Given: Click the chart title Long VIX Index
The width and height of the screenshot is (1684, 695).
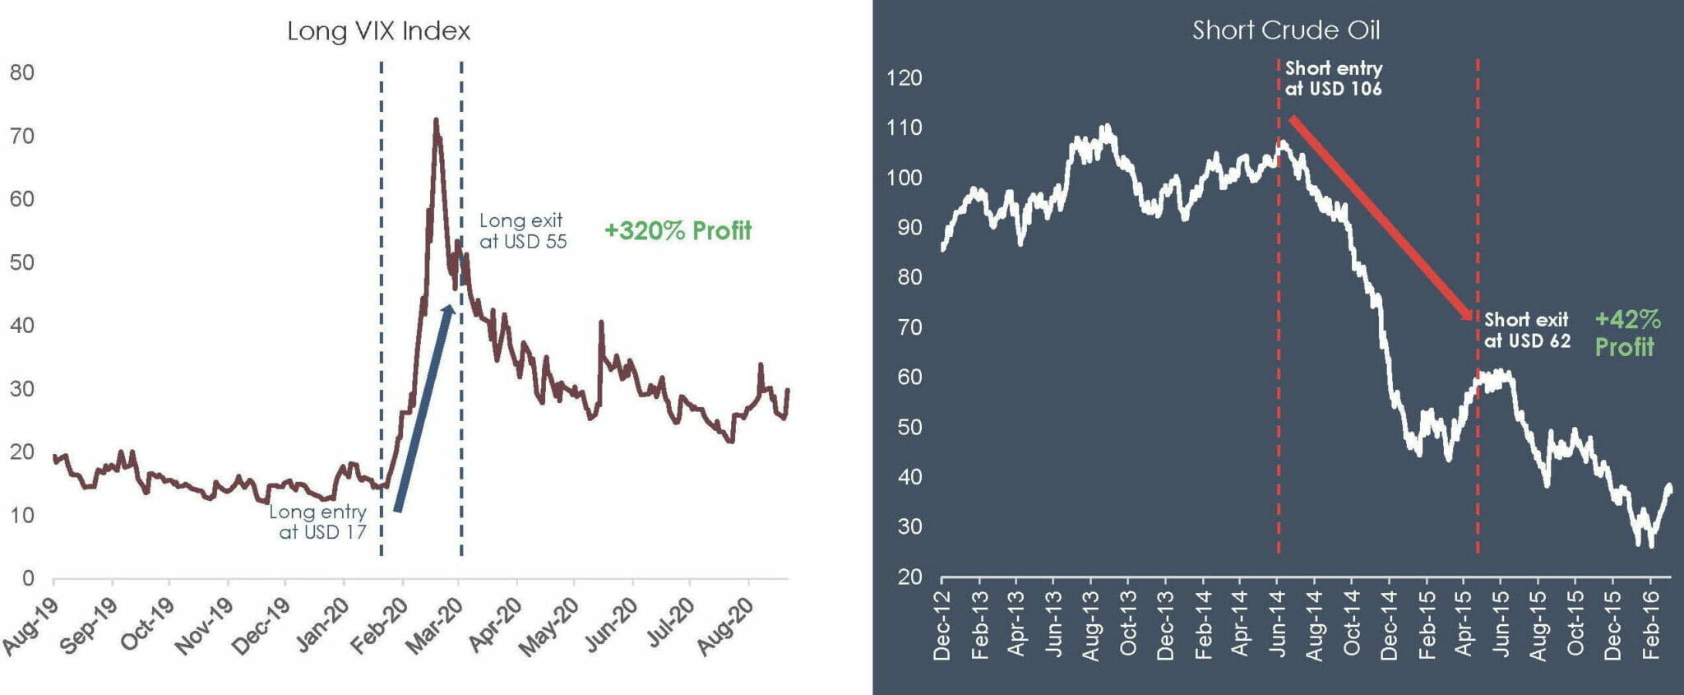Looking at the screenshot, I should pos(378,31).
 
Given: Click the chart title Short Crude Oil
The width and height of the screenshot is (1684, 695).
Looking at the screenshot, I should pos(1286,30).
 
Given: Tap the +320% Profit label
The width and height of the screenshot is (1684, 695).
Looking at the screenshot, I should pos(678,230).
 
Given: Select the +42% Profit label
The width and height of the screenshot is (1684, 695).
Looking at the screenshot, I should pos(1626,332).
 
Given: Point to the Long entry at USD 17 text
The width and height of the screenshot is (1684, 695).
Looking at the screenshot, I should pos(319,521).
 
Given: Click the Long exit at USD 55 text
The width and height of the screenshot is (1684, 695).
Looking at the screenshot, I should pos(522,231).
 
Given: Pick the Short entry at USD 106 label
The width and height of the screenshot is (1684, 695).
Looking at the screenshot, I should pos(1333,79).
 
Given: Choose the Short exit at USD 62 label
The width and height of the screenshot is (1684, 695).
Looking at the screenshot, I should pos(1527,330).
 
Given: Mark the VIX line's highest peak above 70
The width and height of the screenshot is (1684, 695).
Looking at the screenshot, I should pos(436,121).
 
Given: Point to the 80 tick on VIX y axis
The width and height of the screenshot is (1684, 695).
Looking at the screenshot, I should pos(22,72).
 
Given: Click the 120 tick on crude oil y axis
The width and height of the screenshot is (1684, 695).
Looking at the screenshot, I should pos(904,78).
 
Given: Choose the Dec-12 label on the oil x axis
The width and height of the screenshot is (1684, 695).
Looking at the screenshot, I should pos(941,625).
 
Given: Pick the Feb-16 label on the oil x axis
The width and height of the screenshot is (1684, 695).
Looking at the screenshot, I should pos(1650,625).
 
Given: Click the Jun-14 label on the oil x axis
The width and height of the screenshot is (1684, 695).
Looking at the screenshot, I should pos(1277,625).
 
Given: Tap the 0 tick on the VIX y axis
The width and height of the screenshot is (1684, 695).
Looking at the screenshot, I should pos(28,578).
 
